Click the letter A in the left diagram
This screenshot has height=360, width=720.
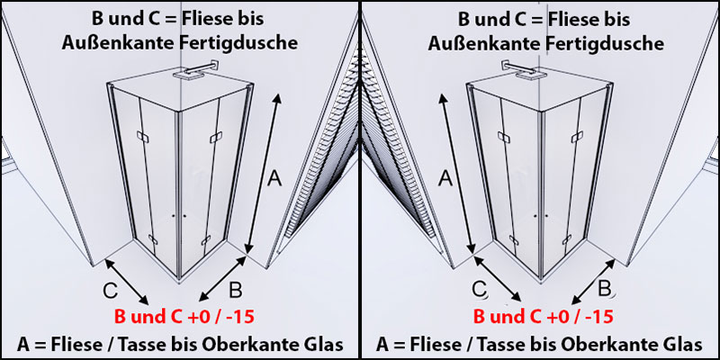pyautogui.click(x=275, y=180)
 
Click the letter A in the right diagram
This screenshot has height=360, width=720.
pyautogui.click(x=443, y=180)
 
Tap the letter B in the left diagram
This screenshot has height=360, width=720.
pyautogui.click(x=235, y=289)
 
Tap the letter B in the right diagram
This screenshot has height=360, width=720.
pyautogui.click(x=606, y=288)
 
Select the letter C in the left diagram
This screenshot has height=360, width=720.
pyautogui.click(x=109, y=291)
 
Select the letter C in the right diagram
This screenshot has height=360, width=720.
pyautogui.click(x=481, y=289)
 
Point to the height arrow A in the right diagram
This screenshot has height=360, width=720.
pyautogui.click(x=455, y=171)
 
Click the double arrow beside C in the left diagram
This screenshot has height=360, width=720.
pyautogui.click(x=127, y=281)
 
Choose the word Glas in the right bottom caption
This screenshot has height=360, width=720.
pyautogui.click(x=682, y=344)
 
